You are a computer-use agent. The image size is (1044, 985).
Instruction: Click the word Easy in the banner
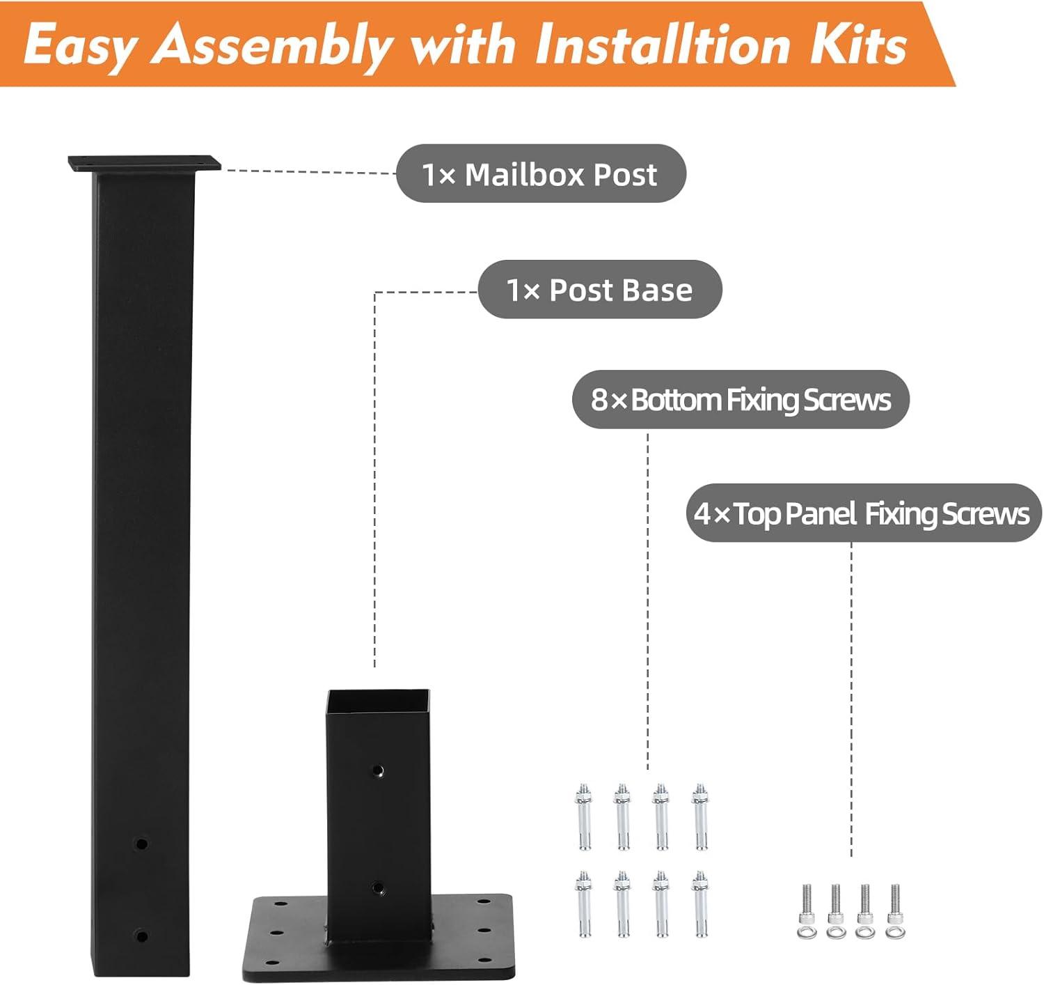[x=78, y=46]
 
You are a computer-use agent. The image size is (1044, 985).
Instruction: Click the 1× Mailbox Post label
[x=540, y=174]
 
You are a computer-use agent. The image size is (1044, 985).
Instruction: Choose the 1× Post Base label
[x=599, y=290]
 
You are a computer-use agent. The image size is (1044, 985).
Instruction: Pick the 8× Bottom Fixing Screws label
[x=741, y=400]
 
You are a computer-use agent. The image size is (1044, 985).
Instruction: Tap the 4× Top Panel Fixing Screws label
[x=862, y=513]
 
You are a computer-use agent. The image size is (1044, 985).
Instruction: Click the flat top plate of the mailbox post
[x=144, y=164]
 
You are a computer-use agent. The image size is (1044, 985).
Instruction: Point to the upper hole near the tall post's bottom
[x=141, y=844]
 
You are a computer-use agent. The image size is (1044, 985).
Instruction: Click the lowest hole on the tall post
[x=141, y=936]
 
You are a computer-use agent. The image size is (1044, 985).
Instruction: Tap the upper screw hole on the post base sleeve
[x=378, y=770]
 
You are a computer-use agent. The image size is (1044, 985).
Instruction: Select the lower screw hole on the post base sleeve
[x=378, y=887]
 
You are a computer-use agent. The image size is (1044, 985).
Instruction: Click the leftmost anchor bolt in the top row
[x=583, y=816]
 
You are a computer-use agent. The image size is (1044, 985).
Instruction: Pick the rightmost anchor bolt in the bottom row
[x=700, y=903]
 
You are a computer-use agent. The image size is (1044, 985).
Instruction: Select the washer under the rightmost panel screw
[x=895, y=932]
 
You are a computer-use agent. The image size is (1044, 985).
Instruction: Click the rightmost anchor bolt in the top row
[x=700, y=816]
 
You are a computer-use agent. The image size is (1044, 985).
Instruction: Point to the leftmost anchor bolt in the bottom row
[x=583, y=903]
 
